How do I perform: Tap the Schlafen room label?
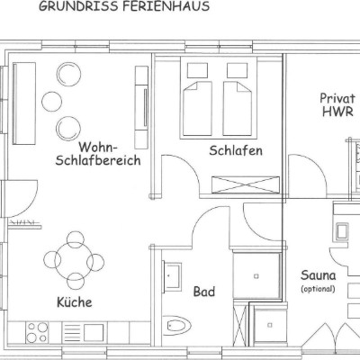pos(236,150)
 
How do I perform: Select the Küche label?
pos(75,302)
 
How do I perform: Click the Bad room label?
pos(204,292)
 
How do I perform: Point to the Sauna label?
pos(319,275)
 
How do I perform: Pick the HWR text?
pos(337,112)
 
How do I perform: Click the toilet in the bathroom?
pos(177,326)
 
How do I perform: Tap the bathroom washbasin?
pos(172,276)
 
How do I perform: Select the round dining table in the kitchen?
pos(74,261)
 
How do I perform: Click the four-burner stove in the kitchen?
pos(37,332)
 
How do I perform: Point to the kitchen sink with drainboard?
pos(84,332)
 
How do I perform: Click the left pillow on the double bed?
pos(197,70)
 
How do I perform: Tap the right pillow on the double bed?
pos(238,70)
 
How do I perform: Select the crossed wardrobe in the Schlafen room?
pos(246,184)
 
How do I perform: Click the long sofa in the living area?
pos(24,103)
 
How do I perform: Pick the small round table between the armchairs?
pos(51,102)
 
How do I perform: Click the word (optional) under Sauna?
pos(318,289)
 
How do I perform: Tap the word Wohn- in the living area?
pos(98,148)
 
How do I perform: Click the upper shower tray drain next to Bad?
pos(256,276)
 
